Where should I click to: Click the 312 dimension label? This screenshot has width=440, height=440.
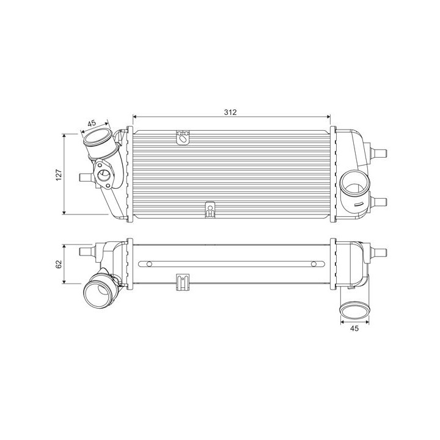[x=230, y=112]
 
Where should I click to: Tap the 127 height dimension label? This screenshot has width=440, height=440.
[x=59, y=175]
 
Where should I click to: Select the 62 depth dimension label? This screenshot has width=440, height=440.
[x=59, y=264]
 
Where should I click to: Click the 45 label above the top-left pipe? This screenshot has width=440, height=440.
[x=92, y=123]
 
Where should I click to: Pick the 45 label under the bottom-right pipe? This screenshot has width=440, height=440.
[x=354, y=328]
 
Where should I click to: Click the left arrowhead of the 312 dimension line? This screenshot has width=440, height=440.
[x=134, y=117]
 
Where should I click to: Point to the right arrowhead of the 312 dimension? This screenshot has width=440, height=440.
[x=328, y=117]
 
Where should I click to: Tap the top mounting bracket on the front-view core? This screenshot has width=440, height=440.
[x=183, y=137]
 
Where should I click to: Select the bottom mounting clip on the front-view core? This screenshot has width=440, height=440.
[x=210, y=210]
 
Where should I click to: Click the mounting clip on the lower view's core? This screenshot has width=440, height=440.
[x=183, y=282]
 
